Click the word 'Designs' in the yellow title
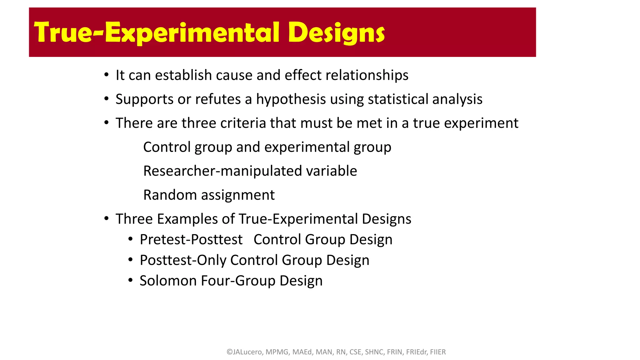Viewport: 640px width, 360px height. [336, 32]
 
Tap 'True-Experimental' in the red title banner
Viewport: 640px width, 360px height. [157, 32]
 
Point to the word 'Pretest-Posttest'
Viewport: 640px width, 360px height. [191, 240]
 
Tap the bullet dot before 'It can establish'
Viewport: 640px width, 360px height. [107, 75]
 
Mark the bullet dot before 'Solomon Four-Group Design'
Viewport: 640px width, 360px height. [131, 280]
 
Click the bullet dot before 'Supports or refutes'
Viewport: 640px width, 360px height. [107, 99]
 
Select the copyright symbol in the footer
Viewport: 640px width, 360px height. [229, 352]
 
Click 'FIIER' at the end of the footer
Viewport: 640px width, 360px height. [438, 352]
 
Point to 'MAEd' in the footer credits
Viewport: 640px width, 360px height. [302, 352]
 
